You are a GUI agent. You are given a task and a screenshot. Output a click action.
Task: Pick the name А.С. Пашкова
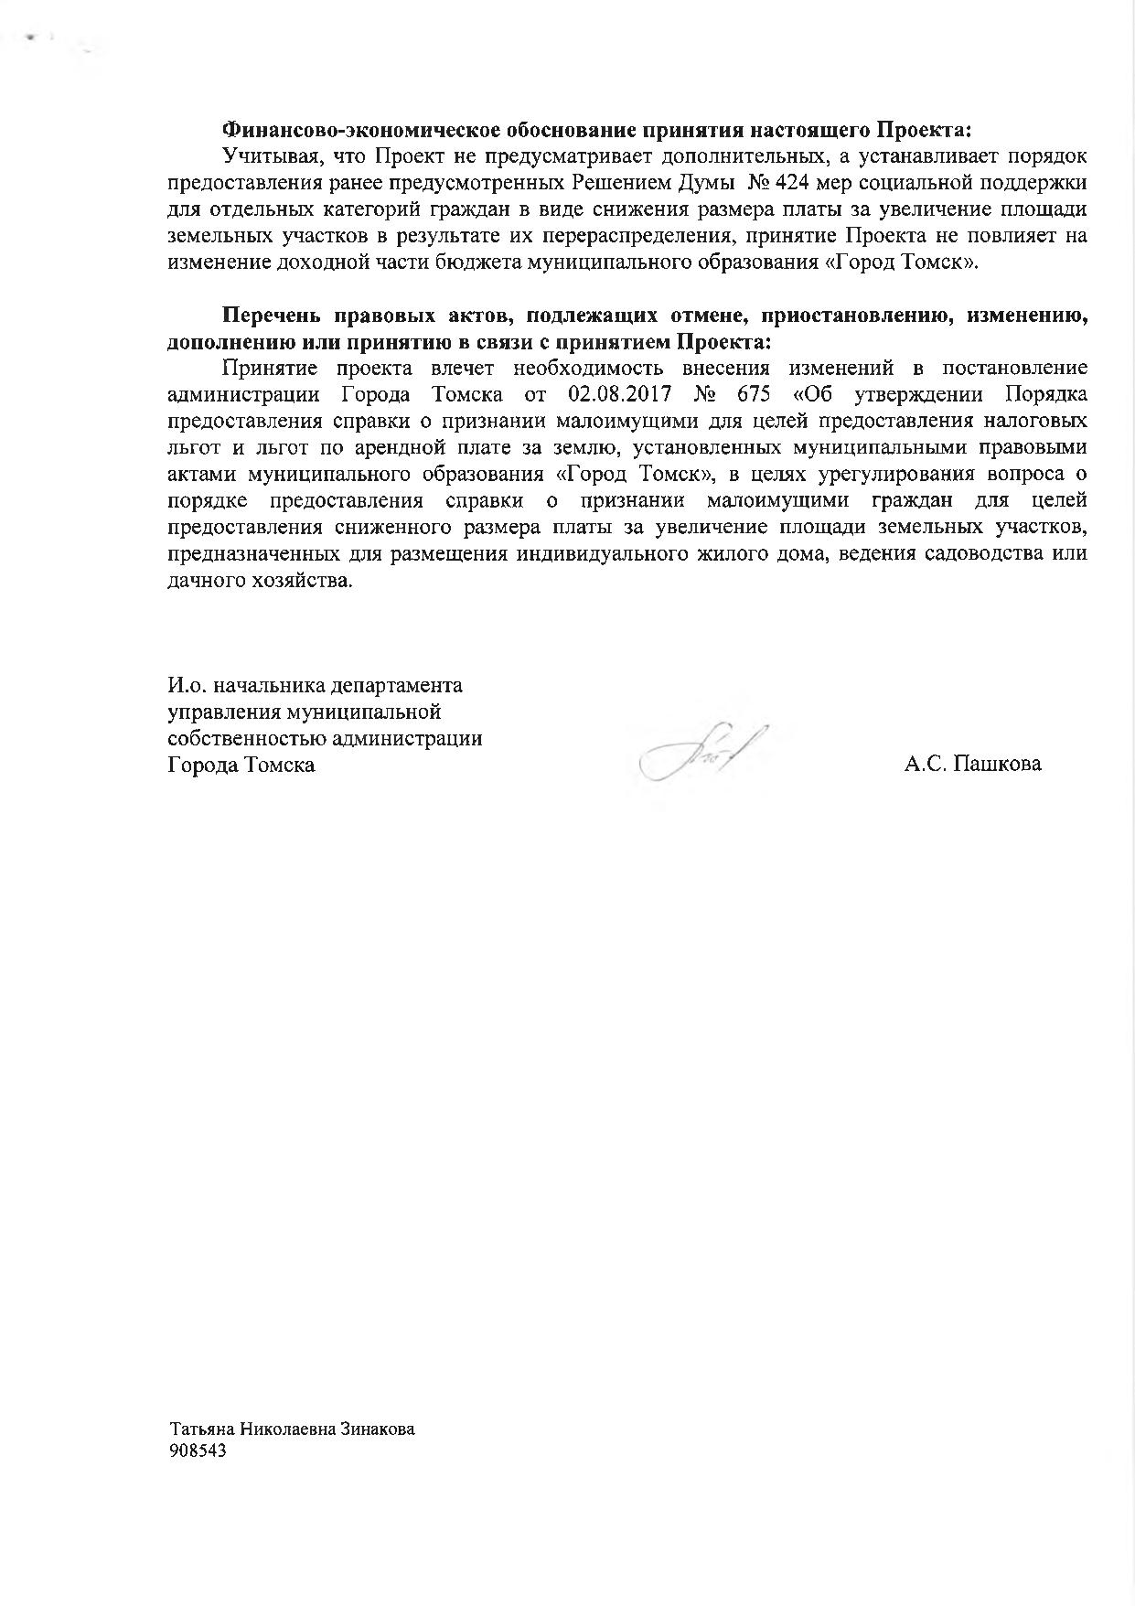(972, 765)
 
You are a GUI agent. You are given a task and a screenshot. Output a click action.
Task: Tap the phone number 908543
(198, 1451)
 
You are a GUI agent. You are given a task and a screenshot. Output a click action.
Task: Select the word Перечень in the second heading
(270, 317)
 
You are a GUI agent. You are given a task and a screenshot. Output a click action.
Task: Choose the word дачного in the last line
(201, 581)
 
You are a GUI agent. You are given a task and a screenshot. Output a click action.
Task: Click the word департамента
(396, 686)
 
